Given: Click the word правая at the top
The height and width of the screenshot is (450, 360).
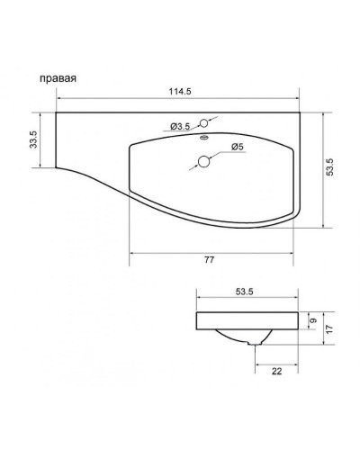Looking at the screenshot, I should point(57,78).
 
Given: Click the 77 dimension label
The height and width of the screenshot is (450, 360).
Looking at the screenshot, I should point(209,260).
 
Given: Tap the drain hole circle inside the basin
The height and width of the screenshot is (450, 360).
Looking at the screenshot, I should point(205,162).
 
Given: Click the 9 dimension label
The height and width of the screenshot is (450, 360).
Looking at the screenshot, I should point(311,319).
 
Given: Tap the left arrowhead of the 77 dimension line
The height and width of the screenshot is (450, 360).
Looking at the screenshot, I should point(133,253).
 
